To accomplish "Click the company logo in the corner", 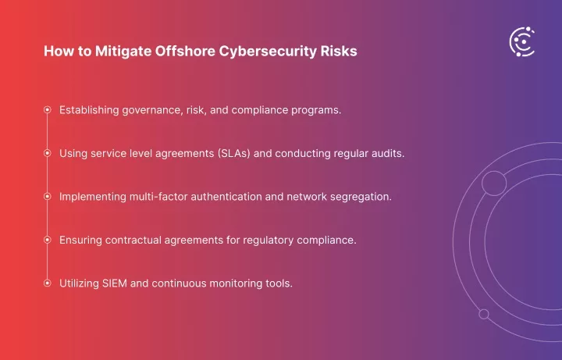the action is [x=522, y=42].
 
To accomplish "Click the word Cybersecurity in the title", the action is [x=268, y=52].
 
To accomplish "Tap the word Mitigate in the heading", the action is [x=123, y=52].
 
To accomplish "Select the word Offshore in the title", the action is [x=185, y=51].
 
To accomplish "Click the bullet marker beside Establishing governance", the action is [x=48, y=110].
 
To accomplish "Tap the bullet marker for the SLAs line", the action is [x=48, y=153].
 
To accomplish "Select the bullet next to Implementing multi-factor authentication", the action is [x=48, y=197].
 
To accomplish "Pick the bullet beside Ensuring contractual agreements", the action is [x=48, y=240].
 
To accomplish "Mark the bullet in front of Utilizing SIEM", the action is [x=48, y=283].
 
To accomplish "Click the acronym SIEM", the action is [x=115, y=283].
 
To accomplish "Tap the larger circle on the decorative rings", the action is [x=494, y=184].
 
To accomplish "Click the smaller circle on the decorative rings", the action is [x=484, y=314].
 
